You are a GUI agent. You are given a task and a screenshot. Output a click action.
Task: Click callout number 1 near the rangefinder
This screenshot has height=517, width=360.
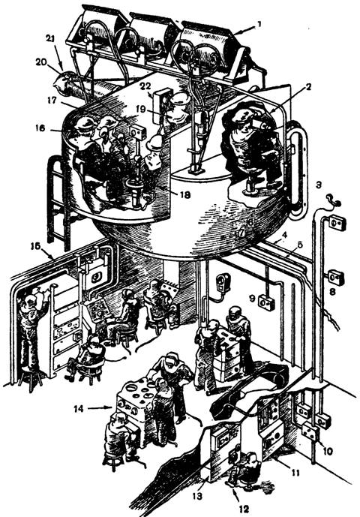click(x=259, y=25)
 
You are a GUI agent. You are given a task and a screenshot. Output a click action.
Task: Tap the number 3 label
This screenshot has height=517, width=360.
click(x=319, y=185)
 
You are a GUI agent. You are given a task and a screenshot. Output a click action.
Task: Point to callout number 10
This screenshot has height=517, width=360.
click(x=328, y=450)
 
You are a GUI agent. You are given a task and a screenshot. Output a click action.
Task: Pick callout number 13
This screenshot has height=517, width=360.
click(x=199, y=496)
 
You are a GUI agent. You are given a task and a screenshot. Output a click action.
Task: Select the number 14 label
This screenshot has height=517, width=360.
click(x=79, y=409)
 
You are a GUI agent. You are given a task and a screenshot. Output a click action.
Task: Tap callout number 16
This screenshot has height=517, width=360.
click(x=40, y=128)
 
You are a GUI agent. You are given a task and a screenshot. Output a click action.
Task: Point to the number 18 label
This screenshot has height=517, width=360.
click(x=185, y=195)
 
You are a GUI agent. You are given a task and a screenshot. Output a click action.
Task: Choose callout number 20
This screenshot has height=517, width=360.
click(x=41, y=62)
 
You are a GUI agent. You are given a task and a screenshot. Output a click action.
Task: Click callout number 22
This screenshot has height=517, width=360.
click(x=145, y=86)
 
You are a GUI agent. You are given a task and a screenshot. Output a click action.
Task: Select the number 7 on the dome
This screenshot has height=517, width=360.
click(x=241, y=233)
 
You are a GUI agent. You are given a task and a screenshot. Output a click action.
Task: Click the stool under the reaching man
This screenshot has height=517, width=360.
click(x=30, y=378)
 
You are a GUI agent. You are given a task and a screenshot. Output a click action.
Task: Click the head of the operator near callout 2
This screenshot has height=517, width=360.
click(x=241, y=118)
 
